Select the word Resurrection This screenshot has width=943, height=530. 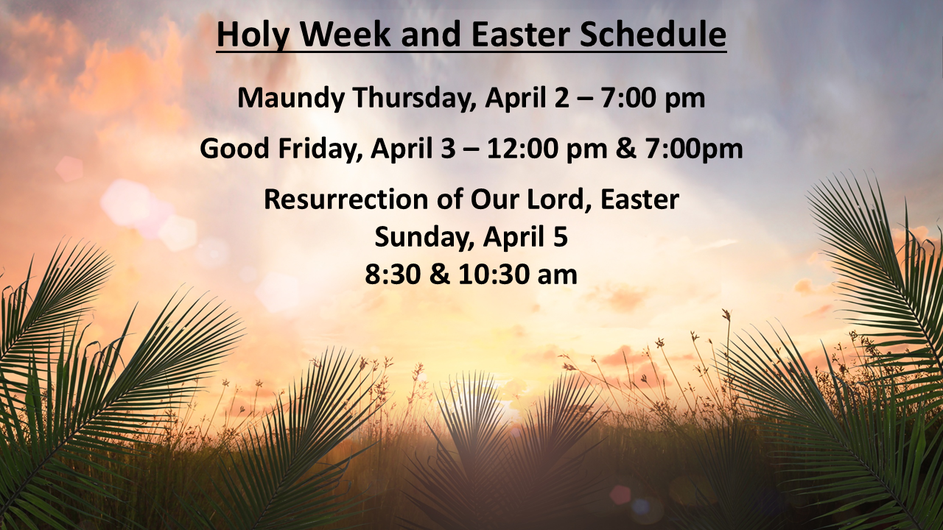pyautogui.click(x=345, y=199)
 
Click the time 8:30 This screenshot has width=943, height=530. pyautogui.click(x=396, y=274)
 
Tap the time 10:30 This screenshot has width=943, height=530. pyautogui.click(x=491, y=274)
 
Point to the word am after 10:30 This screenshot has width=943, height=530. pyautogui.click(x=557, y=274)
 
